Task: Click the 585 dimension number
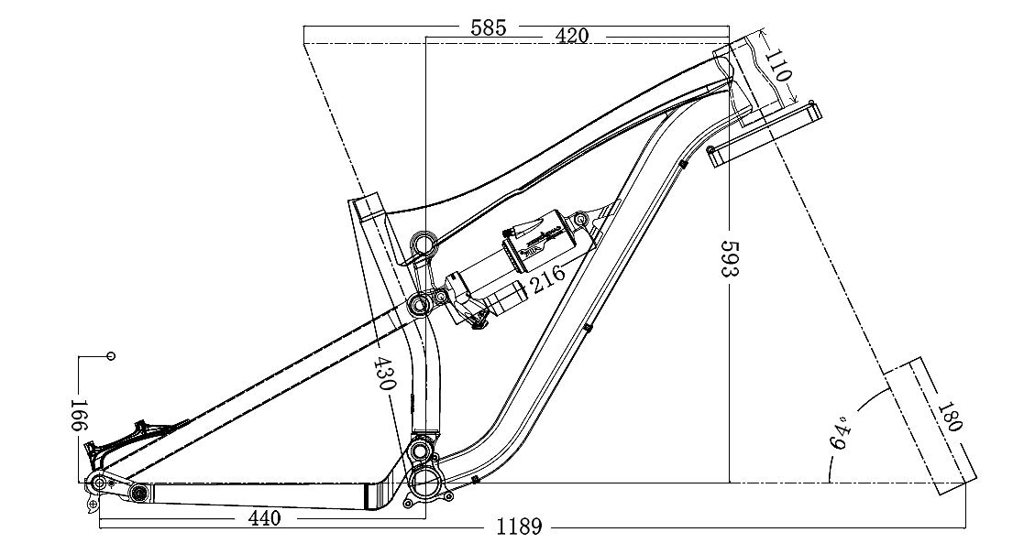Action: point(488,27)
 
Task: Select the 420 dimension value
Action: point(571,36)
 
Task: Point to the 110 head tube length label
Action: point(779,66)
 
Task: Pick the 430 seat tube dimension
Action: point(385,373)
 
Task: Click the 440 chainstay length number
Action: point(264,518)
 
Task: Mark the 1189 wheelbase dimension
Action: point(519,527)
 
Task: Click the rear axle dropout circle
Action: point(95,483)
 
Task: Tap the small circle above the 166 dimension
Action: point(112,355)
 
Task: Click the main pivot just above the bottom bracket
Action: point(421,451)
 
